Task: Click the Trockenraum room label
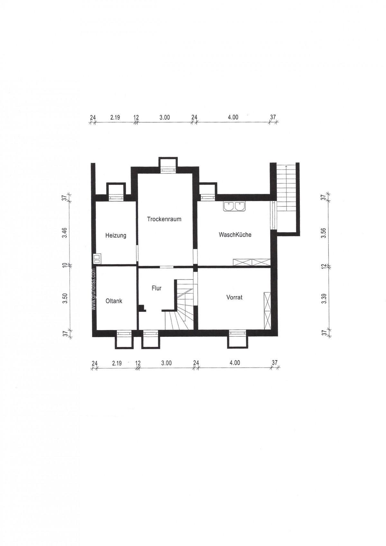point(164,219)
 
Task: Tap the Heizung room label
point(116,236)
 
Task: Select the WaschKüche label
point(235,235)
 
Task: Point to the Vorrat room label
point(234,297)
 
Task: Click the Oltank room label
point(114,301)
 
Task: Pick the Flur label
point(157,288)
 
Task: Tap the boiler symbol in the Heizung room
point(97,259)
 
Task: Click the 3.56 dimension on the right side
point(324,234)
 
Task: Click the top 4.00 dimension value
point(233,117)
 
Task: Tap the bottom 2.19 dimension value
point(117,363)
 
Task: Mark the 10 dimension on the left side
point(64,265)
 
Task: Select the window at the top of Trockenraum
point(168,169)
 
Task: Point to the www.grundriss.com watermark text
point(94,289)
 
